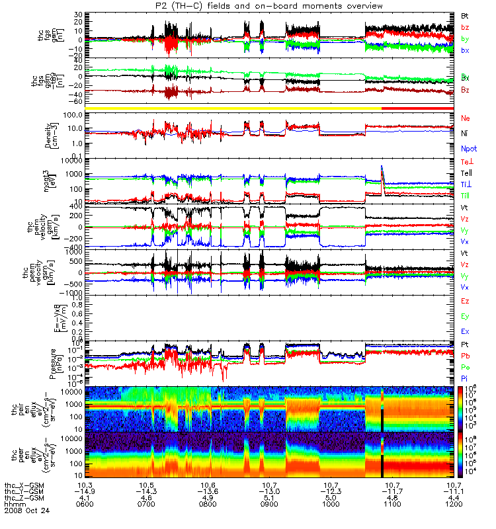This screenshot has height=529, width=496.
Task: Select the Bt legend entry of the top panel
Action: coord(465,15)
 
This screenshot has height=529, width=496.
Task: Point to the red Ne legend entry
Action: coord(465,117)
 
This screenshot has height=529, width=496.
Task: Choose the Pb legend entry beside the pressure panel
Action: coord(465,356)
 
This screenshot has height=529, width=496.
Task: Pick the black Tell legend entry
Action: coord(466,173)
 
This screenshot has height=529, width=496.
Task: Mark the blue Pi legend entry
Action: coord(465,378)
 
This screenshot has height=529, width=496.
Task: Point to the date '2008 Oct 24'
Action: coord(26,511)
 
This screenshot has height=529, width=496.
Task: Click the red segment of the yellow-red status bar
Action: coord(417,108)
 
